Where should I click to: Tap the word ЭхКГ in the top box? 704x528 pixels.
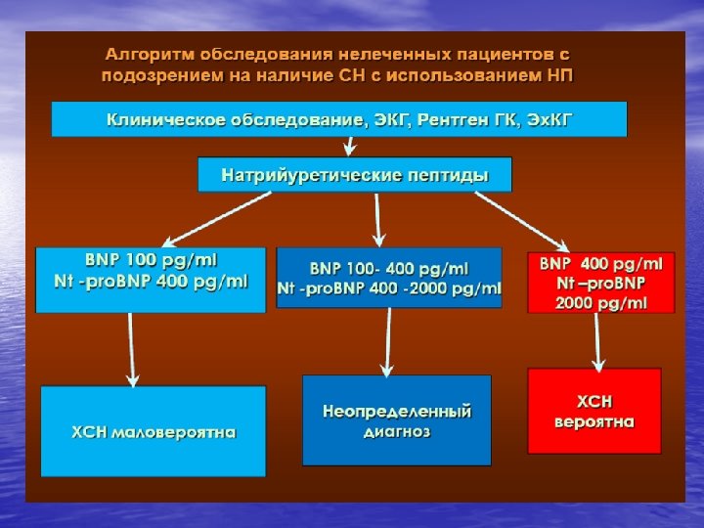tap(550, 120)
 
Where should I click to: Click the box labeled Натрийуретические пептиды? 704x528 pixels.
tap(354, 175)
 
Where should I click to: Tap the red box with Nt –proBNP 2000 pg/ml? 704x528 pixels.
tap(600, 283)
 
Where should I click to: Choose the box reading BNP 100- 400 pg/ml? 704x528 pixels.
tap(388, 278)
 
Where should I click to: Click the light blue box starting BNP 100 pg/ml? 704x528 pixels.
tap(150, 280)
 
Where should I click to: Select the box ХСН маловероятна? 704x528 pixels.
tap(153, 431)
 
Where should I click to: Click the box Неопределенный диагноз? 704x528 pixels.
tap(396, 420)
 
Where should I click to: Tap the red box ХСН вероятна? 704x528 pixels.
tap(594, 411)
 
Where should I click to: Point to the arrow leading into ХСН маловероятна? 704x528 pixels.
tap(131, 349)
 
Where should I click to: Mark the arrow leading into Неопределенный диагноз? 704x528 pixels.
tap(388, 341)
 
